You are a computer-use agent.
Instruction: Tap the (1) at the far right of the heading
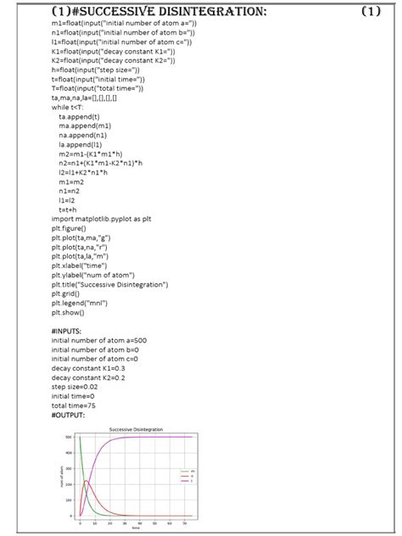point(371,12)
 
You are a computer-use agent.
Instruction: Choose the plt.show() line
point(70,311)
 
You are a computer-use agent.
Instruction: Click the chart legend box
point(187,475)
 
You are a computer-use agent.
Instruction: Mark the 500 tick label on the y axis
point(70,438)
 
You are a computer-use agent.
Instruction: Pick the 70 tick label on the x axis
point(186,525)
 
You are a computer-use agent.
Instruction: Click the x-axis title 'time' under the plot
point(135,531)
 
